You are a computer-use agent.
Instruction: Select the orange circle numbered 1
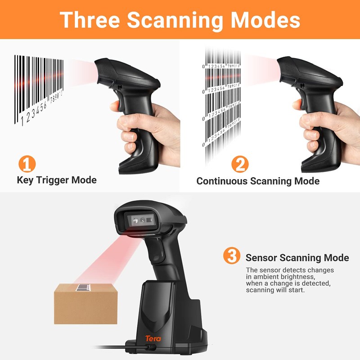(x=27, y=163)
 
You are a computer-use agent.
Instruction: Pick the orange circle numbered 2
(x=240, y=164)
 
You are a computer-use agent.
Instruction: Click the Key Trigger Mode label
(x=57, y=180)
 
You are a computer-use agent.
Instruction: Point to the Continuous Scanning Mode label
(x=258, y=181)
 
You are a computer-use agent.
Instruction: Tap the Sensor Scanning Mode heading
(x=297, y=258)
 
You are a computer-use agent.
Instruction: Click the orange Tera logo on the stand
(x=153, y=338)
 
